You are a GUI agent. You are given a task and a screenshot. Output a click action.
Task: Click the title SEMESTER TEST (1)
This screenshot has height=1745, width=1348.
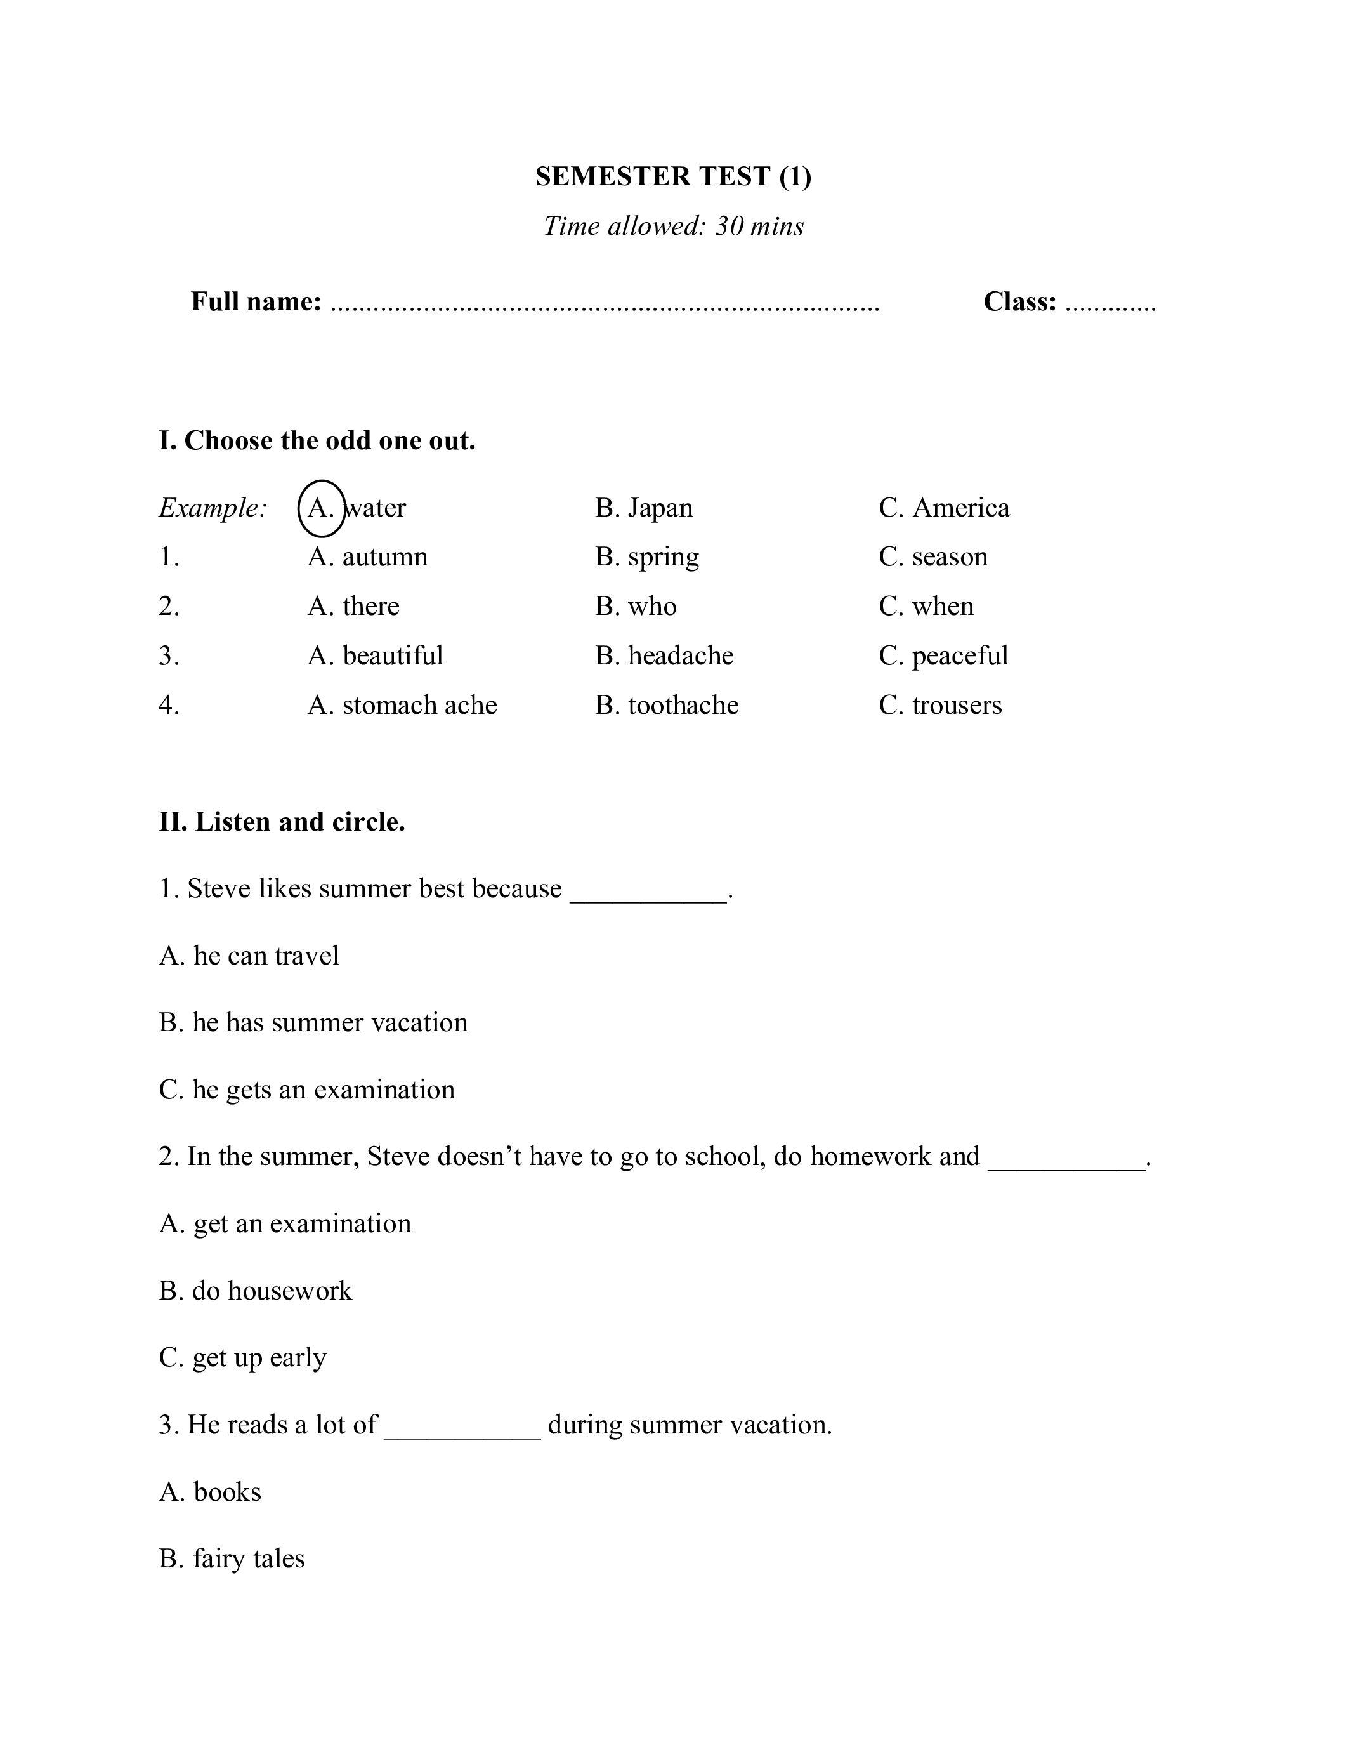(x=673, y=176)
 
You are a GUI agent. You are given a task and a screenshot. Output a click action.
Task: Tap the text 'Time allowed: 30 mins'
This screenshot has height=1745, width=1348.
(x=673, y=226)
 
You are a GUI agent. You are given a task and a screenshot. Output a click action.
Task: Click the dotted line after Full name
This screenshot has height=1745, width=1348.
(x=605, y=303)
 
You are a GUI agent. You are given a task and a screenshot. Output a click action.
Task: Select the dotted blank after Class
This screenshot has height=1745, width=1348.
(x=1110, y=303)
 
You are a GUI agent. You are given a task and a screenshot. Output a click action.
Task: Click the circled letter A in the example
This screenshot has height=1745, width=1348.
(x=321, y=508)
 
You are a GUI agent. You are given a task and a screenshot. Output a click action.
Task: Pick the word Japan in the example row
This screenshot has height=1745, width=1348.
(x=660, y=508)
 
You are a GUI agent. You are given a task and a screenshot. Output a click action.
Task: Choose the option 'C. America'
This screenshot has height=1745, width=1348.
(x=944, y=508)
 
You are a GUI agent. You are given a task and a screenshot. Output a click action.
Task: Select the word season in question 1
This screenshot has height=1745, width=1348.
(x=950, y=557)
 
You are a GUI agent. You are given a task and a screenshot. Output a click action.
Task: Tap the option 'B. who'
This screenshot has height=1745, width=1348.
(x=636, y=607)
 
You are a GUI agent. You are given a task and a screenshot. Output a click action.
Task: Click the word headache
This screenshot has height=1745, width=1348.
(x=681, y=656)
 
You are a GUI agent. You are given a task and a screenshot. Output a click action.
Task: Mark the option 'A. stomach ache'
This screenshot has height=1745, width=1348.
(x=402, y=706)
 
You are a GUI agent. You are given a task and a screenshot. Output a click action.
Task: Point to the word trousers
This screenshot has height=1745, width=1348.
(x=957, y=706)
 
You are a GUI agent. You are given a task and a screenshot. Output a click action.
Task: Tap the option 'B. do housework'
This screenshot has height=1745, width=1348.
(x=256, y=1291)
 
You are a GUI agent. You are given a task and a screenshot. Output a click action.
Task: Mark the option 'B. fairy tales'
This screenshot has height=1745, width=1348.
(x=232, y=1559)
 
